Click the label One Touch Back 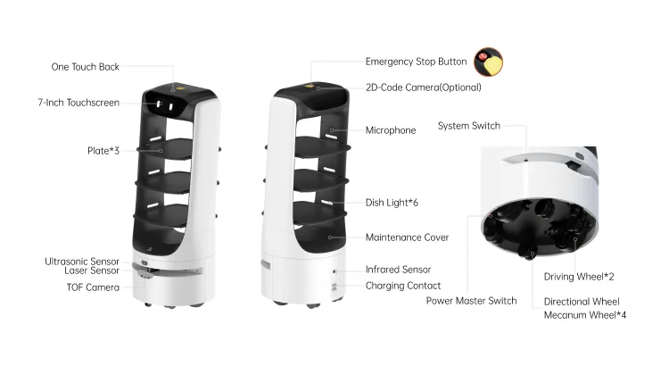coord(85,67)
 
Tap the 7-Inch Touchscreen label coord(78,103)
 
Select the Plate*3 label coord(102,150)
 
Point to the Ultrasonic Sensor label coord(81,262)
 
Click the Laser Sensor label coord(92,271)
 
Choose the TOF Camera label coord(92,287)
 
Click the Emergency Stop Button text coord(416,62)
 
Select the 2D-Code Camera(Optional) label coord(423,87)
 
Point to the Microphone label coord(390,130)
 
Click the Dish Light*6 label coord(392,203)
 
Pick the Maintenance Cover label coord(407,237)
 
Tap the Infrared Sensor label coord(398,269)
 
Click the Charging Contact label coord(402,286)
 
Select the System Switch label coord(468,126)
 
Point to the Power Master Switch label coord(471,301)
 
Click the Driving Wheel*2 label coord(578,277)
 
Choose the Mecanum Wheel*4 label coord(584,315)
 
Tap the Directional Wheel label coord(581,302)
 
